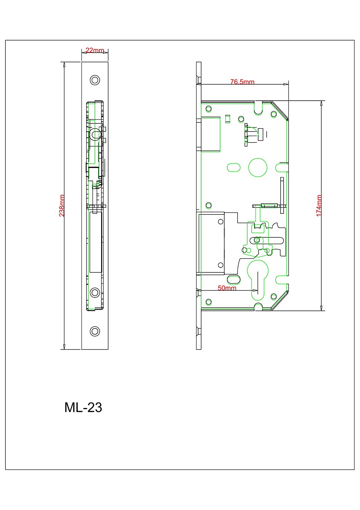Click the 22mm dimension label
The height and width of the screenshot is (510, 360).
(x=95, y=50)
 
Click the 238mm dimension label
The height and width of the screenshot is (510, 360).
(x=62, y=206)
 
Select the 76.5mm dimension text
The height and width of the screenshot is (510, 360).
(x=242, y=82)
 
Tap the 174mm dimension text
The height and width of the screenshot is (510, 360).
(x=319, y=206)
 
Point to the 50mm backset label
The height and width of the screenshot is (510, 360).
(x=227, y=288)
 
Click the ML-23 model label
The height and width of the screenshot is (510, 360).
(x=83, y=407)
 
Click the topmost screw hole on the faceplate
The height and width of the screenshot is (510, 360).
(x=95, y=80)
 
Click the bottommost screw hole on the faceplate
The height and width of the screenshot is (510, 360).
(x=95, y=331)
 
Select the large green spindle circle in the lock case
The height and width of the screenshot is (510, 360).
(x=258, y=168)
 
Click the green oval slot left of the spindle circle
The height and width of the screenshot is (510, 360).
(x=234, y=168)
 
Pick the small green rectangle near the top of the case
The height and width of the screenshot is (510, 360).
(x=227, y=119)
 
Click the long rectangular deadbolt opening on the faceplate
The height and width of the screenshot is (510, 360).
(x=96, y=242)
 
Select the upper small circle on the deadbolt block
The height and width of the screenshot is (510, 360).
(x=221, y=222)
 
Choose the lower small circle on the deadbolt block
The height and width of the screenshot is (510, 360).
(x=221, y=265)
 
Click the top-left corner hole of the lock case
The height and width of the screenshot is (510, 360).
(x=208, y=108)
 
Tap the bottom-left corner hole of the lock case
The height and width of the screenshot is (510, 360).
(x=208, y=302)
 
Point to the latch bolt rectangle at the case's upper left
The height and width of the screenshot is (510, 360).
(x=210, y=134)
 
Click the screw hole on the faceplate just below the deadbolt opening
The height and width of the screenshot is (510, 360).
(x=95, y=292)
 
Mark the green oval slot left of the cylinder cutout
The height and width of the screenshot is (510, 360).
(x=234, y=279)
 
